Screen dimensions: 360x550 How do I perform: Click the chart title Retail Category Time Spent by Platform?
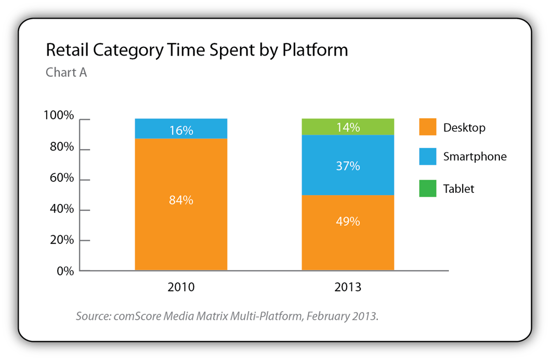[196, 50]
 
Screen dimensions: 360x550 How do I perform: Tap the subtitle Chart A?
[66, 73]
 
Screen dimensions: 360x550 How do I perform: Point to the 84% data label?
[181, 201]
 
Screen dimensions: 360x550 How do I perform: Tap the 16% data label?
[181, 131]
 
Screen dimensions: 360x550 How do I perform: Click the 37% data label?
[348, 165]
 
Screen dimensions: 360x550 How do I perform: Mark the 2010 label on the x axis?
[181, 287]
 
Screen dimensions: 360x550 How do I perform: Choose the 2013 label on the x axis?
[348, 287]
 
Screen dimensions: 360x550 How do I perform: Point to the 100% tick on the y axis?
[58, 116]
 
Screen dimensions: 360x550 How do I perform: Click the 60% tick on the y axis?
[61, 178]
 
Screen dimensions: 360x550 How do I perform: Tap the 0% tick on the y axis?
[65, 270]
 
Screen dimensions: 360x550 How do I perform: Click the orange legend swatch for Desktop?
[427, 127]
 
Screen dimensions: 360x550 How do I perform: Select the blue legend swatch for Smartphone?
[427, 157]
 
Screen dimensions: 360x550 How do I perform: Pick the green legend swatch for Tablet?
[427, 188]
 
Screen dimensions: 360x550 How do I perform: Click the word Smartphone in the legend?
[475, 157]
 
